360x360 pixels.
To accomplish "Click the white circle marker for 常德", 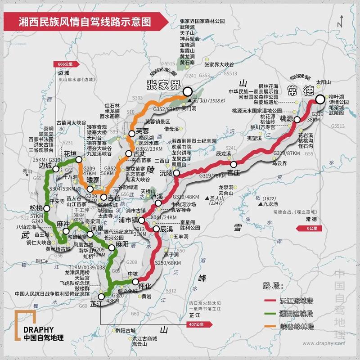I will pos(320,100).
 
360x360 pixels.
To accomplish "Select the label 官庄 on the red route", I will pos(234,172).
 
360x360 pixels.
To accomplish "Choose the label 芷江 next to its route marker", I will pos(96,304).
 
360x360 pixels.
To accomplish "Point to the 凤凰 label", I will pos(98,229).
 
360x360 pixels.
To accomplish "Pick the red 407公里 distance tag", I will pos(197,324).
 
